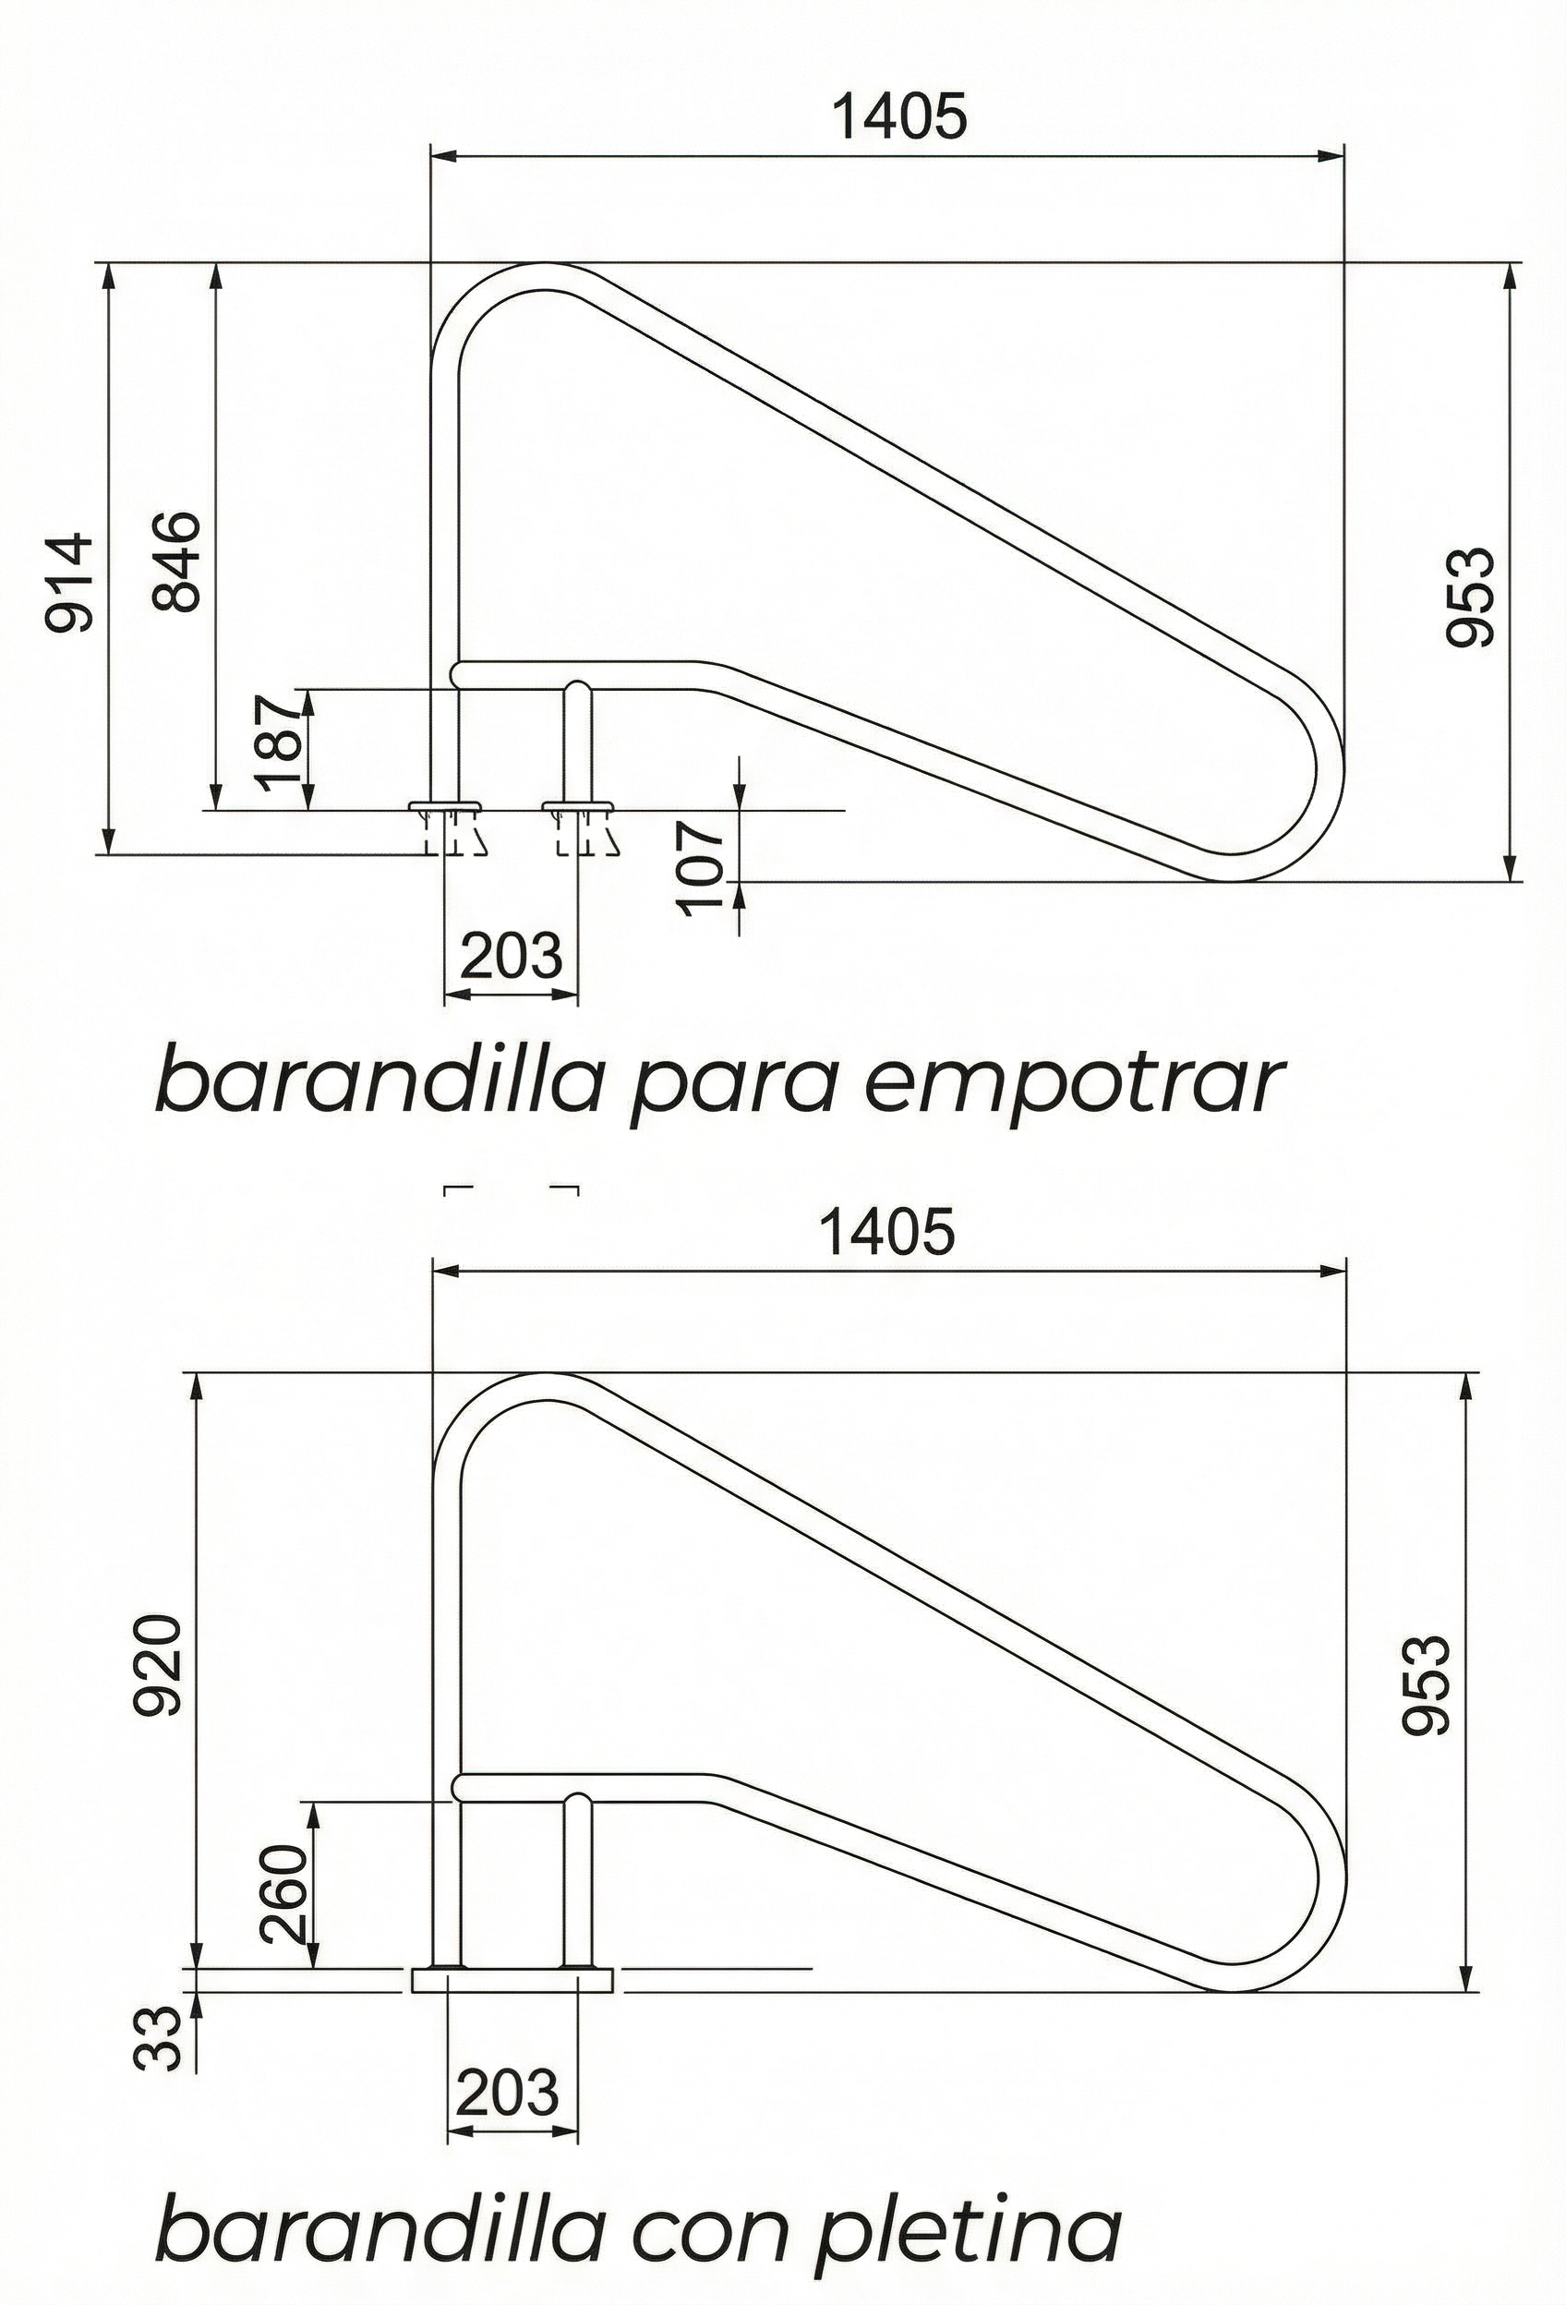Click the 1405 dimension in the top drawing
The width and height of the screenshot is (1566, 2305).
897,117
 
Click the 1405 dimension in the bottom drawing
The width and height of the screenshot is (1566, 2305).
887,1233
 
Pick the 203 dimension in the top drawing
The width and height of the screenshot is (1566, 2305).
512,957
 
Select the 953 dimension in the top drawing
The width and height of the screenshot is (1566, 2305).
1469,597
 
